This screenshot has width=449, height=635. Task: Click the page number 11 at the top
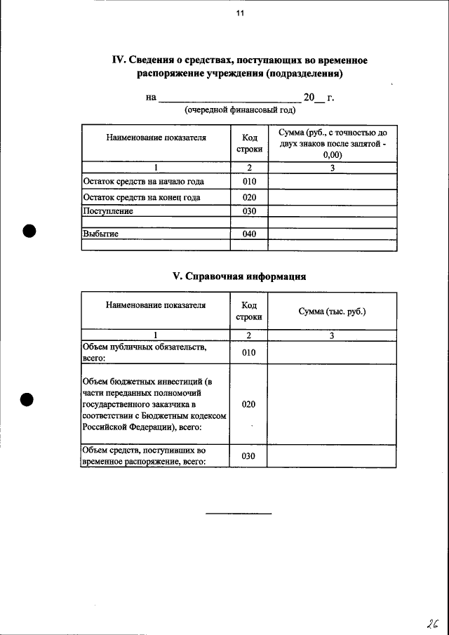[x=240, y=14]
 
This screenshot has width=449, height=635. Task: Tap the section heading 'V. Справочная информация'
[x=239, y=276]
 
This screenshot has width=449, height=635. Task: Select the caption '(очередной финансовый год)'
[x=240, y=110]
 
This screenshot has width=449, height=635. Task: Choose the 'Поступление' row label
[x=108, y=210]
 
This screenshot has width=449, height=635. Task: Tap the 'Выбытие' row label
[x=100, y=234]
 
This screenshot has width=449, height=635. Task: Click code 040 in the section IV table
[x=249, y=234]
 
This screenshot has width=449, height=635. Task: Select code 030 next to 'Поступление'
[x=249, y=210]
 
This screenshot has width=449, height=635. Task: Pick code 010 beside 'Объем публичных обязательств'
[x=249, y=352]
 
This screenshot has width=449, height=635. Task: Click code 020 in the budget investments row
[x=249, y=405]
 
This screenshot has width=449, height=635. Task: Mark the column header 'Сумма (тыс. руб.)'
[x=332, y=311]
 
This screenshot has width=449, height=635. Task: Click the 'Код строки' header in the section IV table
[x=249, y=144]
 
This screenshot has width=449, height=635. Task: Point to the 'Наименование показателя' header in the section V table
[x=156, y=305]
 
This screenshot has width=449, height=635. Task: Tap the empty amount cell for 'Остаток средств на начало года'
[x=332, y=182]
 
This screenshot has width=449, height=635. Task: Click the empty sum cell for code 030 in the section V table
[x=332, y=457]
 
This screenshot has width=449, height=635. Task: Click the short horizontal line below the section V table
[x=239, y=514]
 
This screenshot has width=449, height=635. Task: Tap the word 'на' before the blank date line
[x=151, y=98]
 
